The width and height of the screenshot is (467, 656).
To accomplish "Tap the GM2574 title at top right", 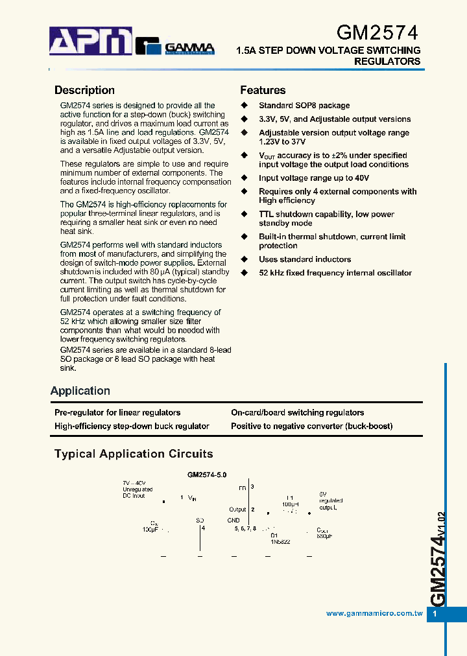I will (377, 33).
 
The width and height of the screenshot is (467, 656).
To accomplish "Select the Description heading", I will (84, 91).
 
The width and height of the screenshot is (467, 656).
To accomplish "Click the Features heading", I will (263, 91).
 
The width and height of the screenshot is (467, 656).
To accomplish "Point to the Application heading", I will (80, 391).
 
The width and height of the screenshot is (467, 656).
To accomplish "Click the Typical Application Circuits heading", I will (134, 454).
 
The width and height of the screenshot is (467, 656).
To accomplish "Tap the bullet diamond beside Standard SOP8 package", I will (245, 106).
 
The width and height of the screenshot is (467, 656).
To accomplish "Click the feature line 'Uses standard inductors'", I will (305, 259).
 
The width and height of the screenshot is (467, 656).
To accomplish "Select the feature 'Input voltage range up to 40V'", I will (314, 178).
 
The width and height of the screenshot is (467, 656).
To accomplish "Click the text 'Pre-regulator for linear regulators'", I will (117, 412).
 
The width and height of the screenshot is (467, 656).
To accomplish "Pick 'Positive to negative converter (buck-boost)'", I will (311, 426).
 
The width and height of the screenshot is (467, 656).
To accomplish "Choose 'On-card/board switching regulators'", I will (297, 412).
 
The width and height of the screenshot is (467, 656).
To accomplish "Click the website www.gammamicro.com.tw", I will (374, 613).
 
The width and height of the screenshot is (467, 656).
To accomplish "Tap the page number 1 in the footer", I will (435, 614).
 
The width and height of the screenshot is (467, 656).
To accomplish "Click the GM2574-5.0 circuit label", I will (207, 474).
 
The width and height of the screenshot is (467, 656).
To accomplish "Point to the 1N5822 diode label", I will (280, 541).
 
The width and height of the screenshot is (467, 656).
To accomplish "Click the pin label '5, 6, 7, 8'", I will (245, 528).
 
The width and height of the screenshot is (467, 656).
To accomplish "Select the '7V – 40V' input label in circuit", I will (134, 484).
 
